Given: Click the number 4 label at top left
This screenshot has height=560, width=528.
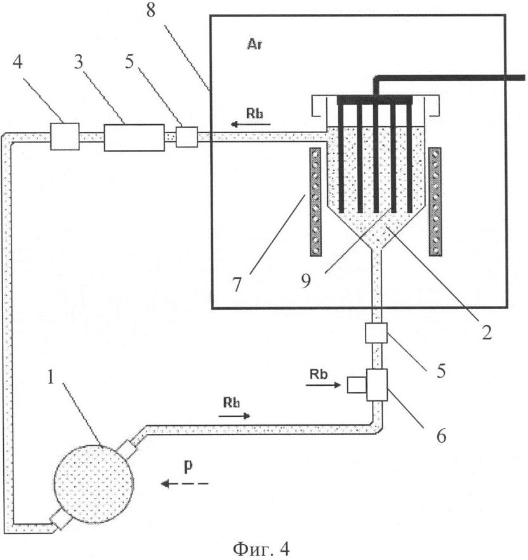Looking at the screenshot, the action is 18,61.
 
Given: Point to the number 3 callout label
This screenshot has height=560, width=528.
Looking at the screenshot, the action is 78,62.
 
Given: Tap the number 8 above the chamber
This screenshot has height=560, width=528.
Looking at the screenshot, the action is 151,10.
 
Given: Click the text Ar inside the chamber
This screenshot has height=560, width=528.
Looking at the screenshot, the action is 254,44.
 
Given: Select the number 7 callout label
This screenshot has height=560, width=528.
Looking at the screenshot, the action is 237,284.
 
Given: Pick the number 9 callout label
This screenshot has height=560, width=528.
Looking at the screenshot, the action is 306,281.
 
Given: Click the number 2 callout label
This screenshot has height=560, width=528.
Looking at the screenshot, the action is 487,333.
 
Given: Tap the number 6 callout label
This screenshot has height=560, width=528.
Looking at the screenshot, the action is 441,436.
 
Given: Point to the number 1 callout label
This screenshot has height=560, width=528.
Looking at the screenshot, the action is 51,377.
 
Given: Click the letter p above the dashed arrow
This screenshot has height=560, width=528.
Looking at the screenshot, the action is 188,467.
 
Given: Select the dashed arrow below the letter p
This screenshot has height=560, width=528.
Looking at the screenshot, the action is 185,483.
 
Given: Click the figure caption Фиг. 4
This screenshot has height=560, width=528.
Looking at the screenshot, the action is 261,548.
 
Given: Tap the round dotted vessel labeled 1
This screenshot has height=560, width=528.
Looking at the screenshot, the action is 94,484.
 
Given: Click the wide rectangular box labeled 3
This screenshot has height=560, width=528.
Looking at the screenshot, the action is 134,137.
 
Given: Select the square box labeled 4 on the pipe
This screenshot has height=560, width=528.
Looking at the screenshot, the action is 64,136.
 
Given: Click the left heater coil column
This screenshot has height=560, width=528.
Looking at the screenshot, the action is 315,202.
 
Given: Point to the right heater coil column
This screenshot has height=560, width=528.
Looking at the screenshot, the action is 435,202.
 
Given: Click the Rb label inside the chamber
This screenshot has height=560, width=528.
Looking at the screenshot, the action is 254,113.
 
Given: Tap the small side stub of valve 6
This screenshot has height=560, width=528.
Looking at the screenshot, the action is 357,385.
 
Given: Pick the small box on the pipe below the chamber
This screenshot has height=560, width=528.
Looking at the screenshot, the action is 376,333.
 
